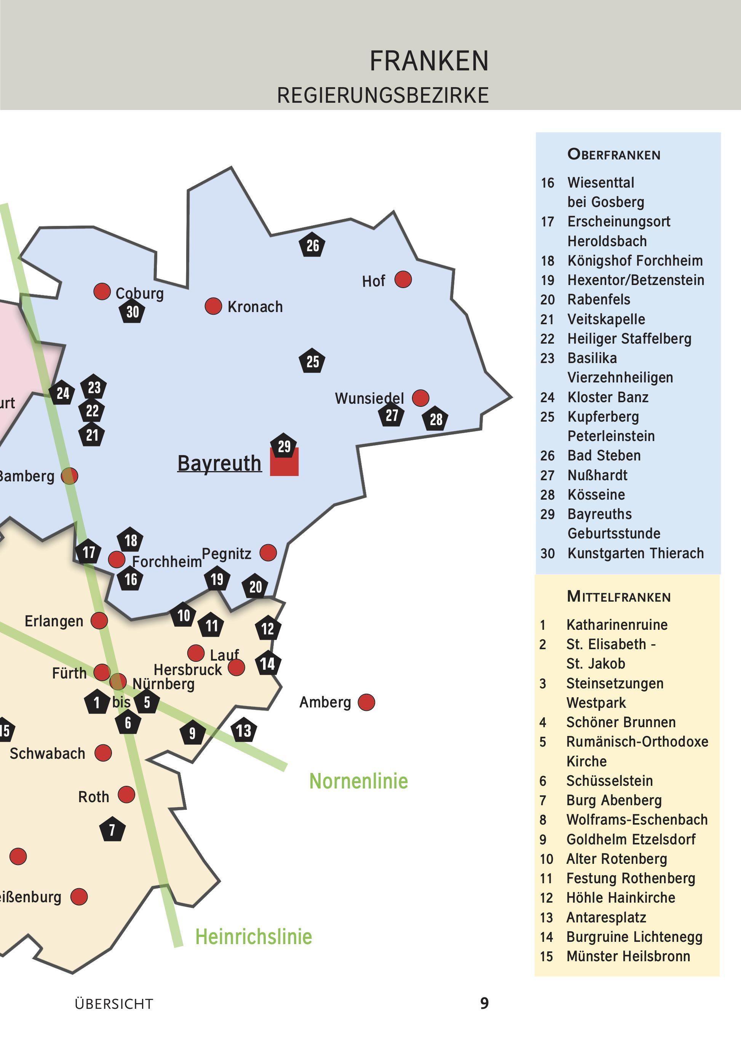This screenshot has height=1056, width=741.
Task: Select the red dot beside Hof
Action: click(x=403, y=279)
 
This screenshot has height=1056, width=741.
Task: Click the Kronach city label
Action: click(x=255, y=307)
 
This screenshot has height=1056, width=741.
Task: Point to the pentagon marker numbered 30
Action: click(x=133, y=312)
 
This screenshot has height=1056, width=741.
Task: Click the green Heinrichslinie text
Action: click(x=254, y=937)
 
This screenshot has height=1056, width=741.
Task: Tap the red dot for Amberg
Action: click(x=366, y=702)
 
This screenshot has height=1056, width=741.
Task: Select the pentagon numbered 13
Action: click(x=243, y=730)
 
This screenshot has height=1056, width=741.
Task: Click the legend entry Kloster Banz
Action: click(x=607, y=397)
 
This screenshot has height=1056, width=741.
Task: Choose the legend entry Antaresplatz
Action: click(x=606, y=917)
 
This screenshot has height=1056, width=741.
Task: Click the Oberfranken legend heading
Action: click(x=614, y=154)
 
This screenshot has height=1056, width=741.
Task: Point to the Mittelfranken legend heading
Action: click(x=618, y=597)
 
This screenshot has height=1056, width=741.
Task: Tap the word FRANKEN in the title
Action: click(x=429, y=61)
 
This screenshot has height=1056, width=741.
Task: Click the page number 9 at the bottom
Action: click(x=484, y=1003)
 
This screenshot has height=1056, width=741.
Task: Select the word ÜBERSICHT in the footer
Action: click(x=114, y=1004)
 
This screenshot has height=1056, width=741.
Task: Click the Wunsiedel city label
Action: click(x=369, y=398)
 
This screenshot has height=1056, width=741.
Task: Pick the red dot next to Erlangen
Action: click(x=99, y=620)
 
